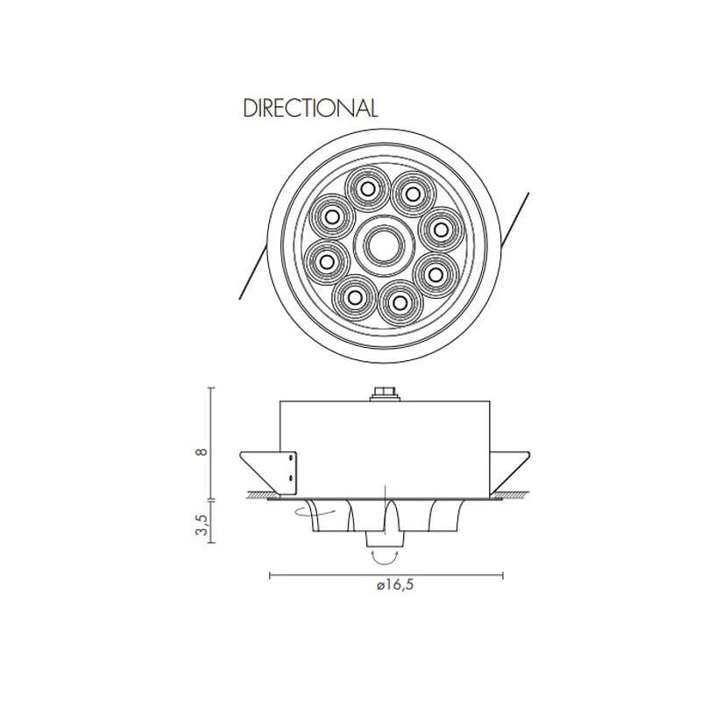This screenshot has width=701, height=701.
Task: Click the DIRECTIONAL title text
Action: tap(310, 108)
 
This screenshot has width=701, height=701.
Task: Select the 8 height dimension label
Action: tap(202, 451)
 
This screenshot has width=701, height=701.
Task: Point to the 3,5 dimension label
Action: tap(202, 524)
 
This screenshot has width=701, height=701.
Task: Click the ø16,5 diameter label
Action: tap(395, 584)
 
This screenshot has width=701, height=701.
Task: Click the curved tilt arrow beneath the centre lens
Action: tap(385, 557)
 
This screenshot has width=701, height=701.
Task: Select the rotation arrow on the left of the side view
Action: tap(315, 513)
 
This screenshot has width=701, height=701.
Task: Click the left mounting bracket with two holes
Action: tap(287, 473)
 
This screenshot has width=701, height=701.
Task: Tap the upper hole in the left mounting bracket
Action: tap(291, 457)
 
